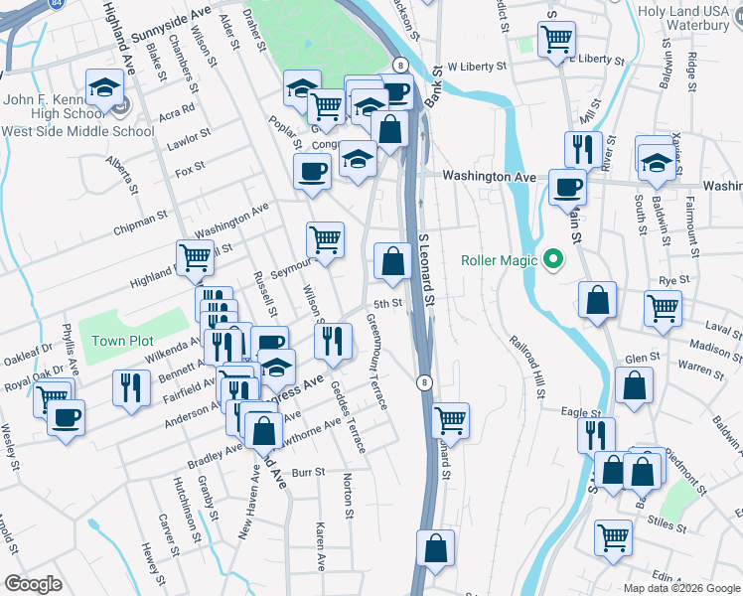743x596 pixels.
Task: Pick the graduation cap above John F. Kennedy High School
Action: point(104,87)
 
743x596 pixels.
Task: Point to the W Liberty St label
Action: point(477,67)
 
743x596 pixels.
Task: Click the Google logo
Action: point(33,584)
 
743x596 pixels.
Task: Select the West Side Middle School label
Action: point(77,131)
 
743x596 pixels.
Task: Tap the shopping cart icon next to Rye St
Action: point(663,307)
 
